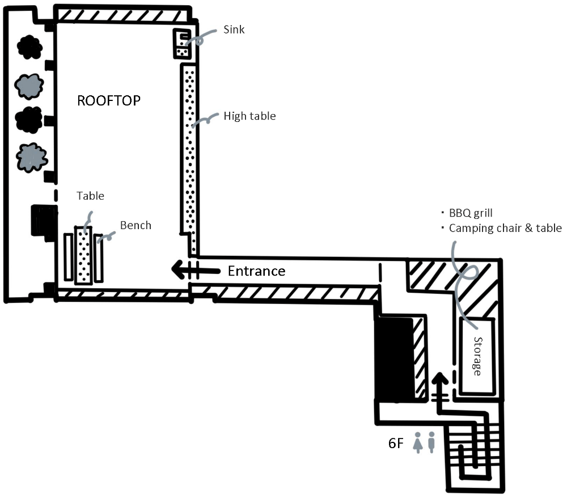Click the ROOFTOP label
(x=108, y=101)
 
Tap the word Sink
(x=234, y=29)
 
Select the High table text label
(x=249, y=116)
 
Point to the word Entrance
(x=256, y=271)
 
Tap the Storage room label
(x=477, y=356)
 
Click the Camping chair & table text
(x=505, y=228)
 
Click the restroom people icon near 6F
(x=425, y=442)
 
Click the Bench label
(x=136, y=225)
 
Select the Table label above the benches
(x=91, y=196)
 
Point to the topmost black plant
(x=29, y=47)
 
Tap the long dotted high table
(x=189, y=153)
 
